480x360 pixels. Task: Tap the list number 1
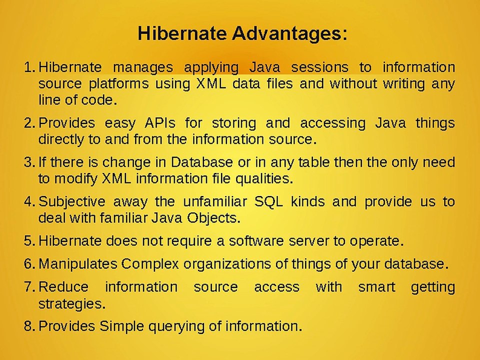tap(30, 67)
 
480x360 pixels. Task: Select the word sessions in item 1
tap(319, 67)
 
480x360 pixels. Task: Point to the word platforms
tap(119, 84)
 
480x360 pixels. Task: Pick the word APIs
tap(160, 123)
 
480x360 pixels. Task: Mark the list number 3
tap(30, 162)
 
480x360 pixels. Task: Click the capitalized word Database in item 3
tap(201, 162)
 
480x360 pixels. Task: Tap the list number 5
tap(30, 241)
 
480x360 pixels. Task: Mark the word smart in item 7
tap(376, 287)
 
